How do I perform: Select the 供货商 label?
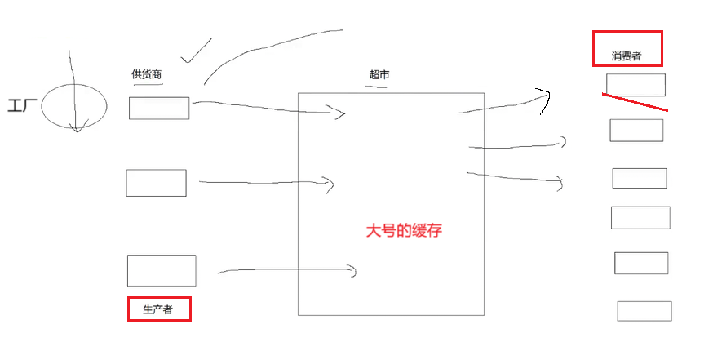[x=147, y=75]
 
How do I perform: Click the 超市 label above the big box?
[x=379, y=74]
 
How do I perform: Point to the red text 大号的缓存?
[x=404, y=230]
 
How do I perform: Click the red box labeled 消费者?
[x=627, y=48]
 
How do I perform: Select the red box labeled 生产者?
[x=159, y=309]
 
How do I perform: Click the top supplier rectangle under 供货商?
[x=159, y=108]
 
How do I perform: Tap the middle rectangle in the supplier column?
[x=156, y=183]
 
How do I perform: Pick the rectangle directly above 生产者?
[x=162, y=270]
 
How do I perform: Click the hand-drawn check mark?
[x=195, y=51]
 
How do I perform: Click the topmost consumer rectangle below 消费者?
[x=636, y=85]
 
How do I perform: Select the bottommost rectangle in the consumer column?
[x=644, y=311]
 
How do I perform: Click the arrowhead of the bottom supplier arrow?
[x=354, y=270]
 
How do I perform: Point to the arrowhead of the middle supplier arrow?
[x=330, y=184]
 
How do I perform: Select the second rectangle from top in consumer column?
[x=636, y=130]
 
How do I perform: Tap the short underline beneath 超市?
[x=376, y=85]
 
